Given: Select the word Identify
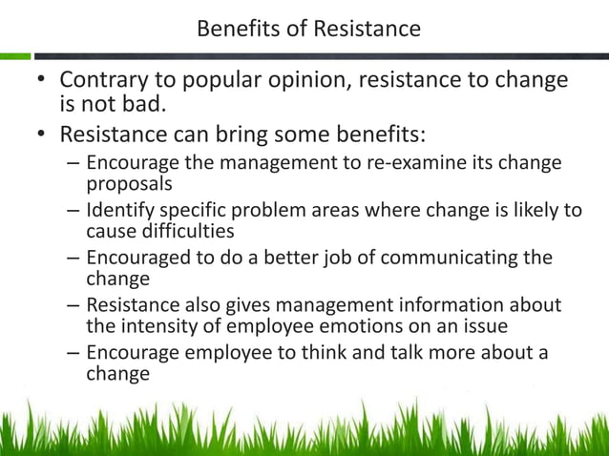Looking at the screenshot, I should [x=119, y=210].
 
